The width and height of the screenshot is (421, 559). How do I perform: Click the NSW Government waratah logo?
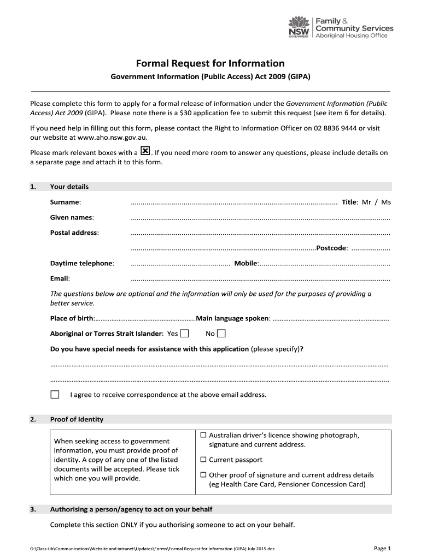tap(299, 26)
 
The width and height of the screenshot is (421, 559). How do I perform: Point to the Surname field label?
tap(66, 203)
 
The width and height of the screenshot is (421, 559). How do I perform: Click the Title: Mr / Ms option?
tap(366, 202)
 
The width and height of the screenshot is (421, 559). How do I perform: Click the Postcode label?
tap(331, 248)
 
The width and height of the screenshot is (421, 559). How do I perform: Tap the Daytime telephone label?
tap(82, 263)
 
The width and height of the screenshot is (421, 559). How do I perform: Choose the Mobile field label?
tap(246, 263)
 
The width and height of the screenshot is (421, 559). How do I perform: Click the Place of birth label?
tap(72, 318)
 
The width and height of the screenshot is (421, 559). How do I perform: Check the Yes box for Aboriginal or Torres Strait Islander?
tap(185, 334)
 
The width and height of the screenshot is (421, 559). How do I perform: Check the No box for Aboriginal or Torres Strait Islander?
tap(221, 334)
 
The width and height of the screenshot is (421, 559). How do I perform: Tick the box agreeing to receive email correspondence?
tap(55, 394)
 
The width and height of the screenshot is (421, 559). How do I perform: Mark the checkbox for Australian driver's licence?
tap(203, 436)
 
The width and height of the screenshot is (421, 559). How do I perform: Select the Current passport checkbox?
tap(203, 460)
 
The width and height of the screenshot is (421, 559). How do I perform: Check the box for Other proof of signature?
tap(203, 475)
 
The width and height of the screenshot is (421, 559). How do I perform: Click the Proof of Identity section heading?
tap(77, 419)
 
